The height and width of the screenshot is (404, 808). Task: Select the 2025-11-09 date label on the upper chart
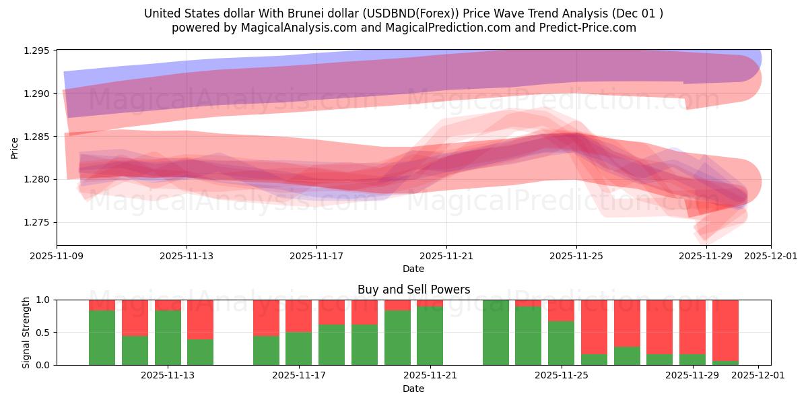click(57, 257)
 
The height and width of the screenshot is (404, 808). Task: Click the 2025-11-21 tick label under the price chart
click(446, 257)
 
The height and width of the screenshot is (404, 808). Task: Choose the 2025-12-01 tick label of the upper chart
click(771, 257)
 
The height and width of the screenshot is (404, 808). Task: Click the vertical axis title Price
click(15, 147)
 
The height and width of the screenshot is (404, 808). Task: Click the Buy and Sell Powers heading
click(413, 290)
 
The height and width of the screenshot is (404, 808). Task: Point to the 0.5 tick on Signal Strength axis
click(45, 333)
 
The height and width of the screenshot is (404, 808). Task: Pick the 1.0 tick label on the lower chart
click(45, 300)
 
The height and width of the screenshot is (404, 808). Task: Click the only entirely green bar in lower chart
click(496, 333)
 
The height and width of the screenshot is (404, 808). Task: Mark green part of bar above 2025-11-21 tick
click(430, 336)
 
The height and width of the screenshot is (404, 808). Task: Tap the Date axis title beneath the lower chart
click(413, 389)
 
